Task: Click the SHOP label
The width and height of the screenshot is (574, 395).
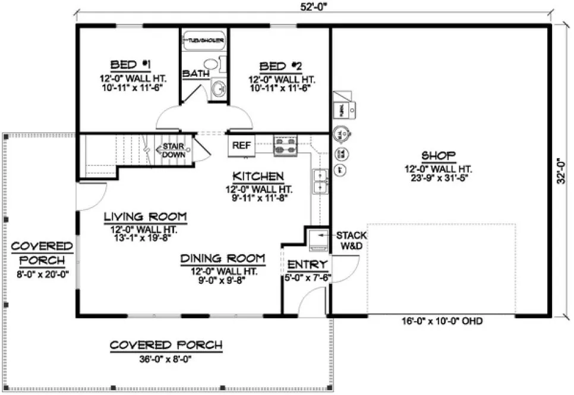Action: pos(438,156)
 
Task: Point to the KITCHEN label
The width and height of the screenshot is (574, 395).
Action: pos(257,176)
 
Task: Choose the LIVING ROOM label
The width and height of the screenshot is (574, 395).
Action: pos(145,216)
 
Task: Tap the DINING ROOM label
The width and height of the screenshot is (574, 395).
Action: pos(223,258)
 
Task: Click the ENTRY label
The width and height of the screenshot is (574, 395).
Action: pos(307,265)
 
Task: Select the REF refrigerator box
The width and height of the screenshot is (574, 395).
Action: pos(241,145)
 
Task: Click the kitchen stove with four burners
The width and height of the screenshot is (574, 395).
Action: pos(285,146)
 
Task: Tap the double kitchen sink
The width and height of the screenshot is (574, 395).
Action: pos(320,181)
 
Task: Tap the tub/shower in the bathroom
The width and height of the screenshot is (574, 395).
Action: pos(204,41)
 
